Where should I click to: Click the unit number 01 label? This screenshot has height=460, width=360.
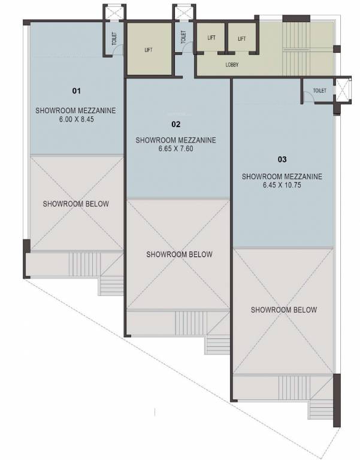(76, 91)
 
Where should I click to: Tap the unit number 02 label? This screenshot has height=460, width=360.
(176, 125)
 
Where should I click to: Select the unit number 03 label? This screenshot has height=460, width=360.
(282, 160)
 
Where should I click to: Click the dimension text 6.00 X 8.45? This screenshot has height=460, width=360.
(75, 119)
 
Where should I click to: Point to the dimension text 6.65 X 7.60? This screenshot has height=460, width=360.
(176, 149)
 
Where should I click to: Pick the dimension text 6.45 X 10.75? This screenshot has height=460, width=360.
(282, 186)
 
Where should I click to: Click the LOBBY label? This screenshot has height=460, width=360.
(232, 64)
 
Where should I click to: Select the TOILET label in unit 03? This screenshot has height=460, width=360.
(319, 91)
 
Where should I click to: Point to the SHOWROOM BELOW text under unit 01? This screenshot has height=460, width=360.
(76, 204)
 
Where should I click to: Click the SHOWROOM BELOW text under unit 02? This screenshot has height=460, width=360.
(179, 255)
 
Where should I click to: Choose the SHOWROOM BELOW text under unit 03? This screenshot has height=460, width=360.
(284, 310)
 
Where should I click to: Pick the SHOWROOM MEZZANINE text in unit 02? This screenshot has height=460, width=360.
(176, 140)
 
